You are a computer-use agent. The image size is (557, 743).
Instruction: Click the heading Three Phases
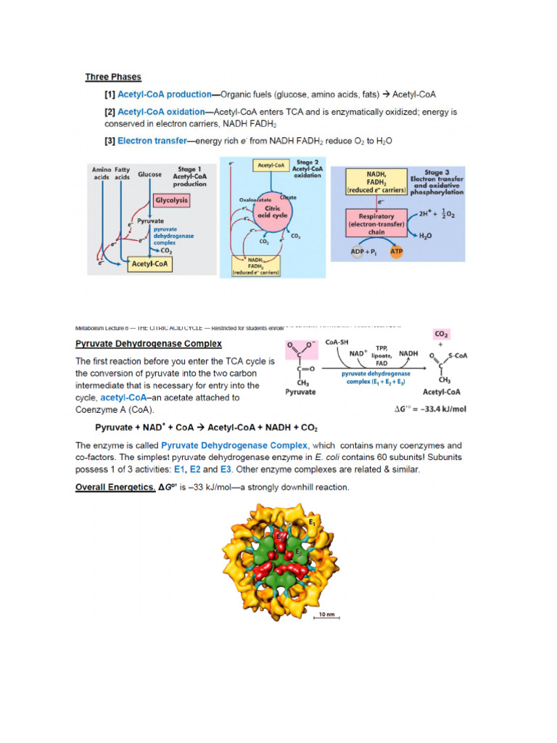(x=113, y=77)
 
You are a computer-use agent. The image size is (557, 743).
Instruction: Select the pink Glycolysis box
(x=172, y=200)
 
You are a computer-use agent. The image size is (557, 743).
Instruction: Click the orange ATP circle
(x=397, y=252)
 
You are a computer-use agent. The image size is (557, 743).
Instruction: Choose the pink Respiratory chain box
(x=376, y=221)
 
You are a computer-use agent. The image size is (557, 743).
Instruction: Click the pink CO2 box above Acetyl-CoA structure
(x=442, y=334)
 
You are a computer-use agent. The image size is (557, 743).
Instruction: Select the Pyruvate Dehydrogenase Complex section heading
(x=149, y=343)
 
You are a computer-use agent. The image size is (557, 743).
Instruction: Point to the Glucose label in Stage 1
(x=149, y=174)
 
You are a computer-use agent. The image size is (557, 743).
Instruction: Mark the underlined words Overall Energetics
(x=115, y=487)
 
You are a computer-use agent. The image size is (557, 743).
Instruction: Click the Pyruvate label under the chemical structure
(x=300, y=392)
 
